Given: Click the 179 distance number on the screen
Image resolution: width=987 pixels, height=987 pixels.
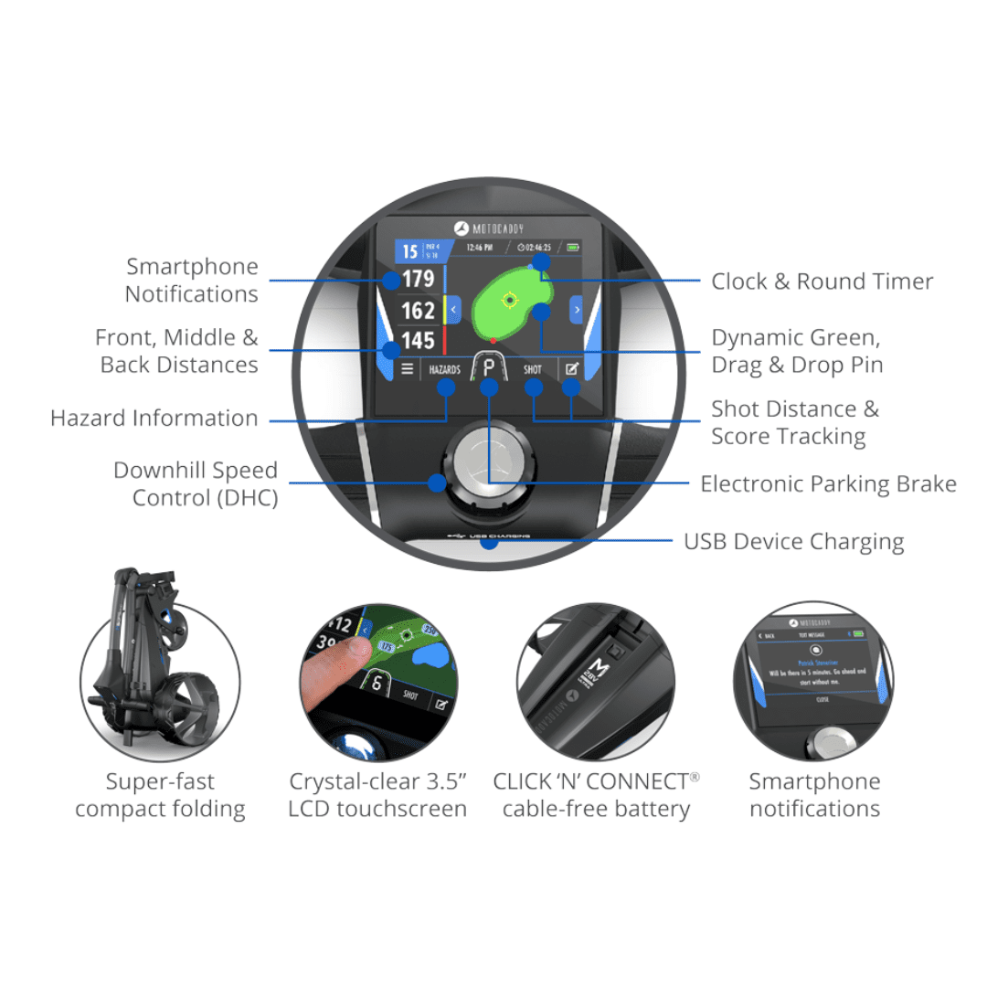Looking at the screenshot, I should (x=419, y=279).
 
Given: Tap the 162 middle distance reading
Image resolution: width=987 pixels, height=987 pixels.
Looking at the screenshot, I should (x=419, y=311).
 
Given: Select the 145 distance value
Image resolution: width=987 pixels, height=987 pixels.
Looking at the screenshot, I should (x=419, y=341).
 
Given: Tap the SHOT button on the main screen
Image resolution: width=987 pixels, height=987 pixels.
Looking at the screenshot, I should (x=533, y=370).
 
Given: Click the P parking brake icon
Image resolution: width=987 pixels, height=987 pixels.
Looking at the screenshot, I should (x=489, y=370).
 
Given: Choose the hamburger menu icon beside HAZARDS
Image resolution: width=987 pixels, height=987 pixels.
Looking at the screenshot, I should (x=408, y=370).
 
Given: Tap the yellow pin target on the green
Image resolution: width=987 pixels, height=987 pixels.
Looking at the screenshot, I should (x=510, y=299).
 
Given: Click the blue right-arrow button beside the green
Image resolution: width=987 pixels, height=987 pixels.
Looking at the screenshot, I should (x=577, y=310).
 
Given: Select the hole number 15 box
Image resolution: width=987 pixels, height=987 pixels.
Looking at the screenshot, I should (x=410, y=250).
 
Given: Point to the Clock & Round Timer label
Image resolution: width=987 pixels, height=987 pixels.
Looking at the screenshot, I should (x=822, y=281).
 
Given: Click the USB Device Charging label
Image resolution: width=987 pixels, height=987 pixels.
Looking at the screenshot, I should (x=793, y=542).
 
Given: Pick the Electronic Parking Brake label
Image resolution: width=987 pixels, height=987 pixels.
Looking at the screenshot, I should (x=828, y=484).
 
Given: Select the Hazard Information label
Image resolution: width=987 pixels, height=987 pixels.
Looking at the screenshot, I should (x=154, y=419).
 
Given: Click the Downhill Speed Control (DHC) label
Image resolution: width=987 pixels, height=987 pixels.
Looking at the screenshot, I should (x=196, y=484).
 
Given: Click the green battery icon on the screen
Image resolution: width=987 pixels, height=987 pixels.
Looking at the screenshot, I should (x=573, y=247).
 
